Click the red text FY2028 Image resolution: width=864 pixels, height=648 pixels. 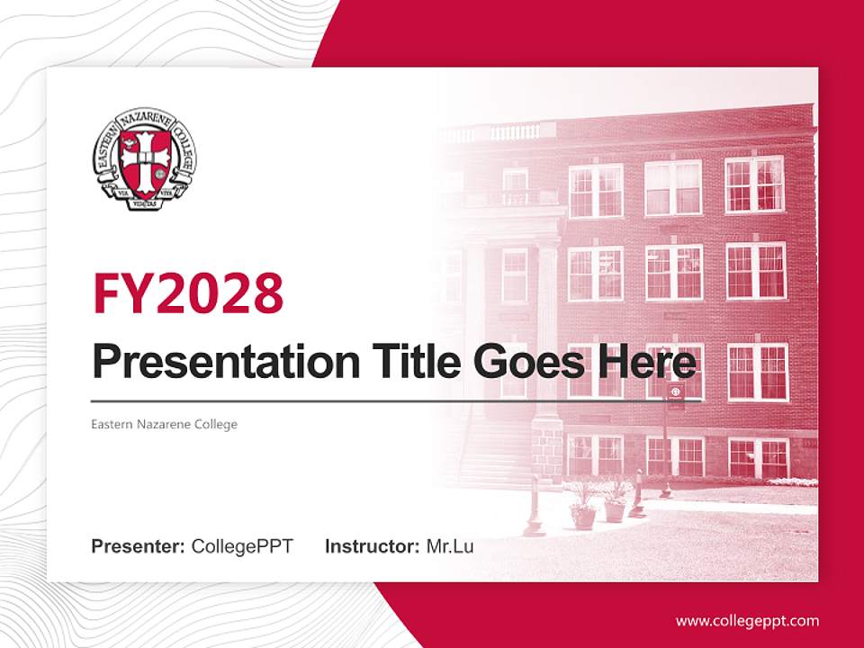pyautogui.click(x=188, y=293)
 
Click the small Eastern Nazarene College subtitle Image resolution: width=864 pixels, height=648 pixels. pyautogui.click(x=165, y=424)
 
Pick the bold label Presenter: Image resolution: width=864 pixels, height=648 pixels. pyautogui.click(x=139, y=546)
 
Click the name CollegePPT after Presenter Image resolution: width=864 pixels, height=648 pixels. pyautogui.click(x=242, y=546)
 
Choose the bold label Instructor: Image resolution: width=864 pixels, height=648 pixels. pyautogui.click(x=372, y=546)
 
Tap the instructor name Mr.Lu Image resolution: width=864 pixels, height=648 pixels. pyautogui.click(x=450, y=546)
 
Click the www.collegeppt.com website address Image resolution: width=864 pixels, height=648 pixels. pyautogui.click(x=747, y=620)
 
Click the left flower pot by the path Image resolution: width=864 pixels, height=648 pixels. pyautogui.click(x=583, y=514)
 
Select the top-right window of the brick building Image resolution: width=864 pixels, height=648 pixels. pyautogui.click(x=754, y=184)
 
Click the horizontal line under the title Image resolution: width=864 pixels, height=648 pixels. pyautogui.click(x=369, y=401)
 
